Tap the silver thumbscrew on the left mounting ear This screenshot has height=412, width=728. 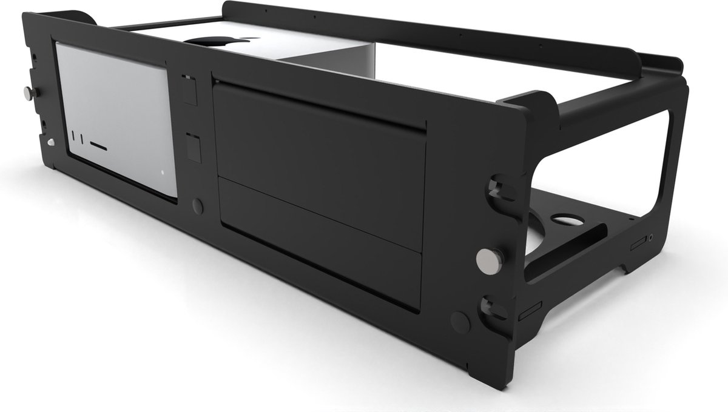click(x=29, y=93)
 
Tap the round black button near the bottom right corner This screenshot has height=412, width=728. click(x=460, y=322)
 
